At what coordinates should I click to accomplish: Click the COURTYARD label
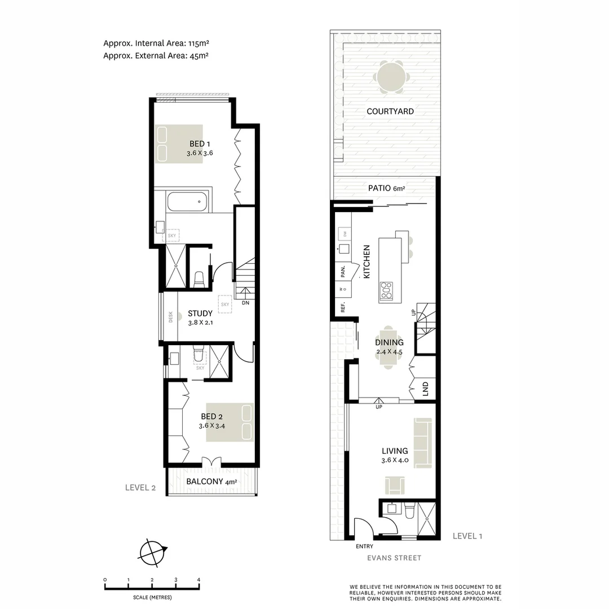390,111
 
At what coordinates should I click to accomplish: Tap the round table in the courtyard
391,78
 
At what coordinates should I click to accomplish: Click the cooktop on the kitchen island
386,291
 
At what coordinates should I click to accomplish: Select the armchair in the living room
395,485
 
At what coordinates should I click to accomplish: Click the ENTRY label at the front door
364,546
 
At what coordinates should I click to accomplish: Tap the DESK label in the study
171,317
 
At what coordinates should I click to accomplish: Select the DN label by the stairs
245,303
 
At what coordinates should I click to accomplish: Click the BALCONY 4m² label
211,482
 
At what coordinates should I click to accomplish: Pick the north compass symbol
152,552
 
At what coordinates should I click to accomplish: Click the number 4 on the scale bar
198,580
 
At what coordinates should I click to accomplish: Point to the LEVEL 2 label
140,488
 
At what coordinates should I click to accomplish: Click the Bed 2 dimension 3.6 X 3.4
212,426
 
